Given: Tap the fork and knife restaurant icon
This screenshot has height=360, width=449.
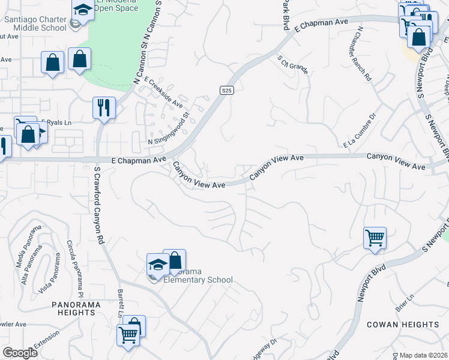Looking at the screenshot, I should click(104, 108).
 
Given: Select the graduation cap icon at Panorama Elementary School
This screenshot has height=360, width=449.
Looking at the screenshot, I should click(157, 264).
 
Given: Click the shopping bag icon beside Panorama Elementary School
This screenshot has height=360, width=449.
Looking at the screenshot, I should click(174, 260).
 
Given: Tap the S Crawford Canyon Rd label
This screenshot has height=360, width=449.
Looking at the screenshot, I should click(99, 204).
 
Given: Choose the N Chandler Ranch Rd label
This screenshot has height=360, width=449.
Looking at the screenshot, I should click(364, 53).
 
